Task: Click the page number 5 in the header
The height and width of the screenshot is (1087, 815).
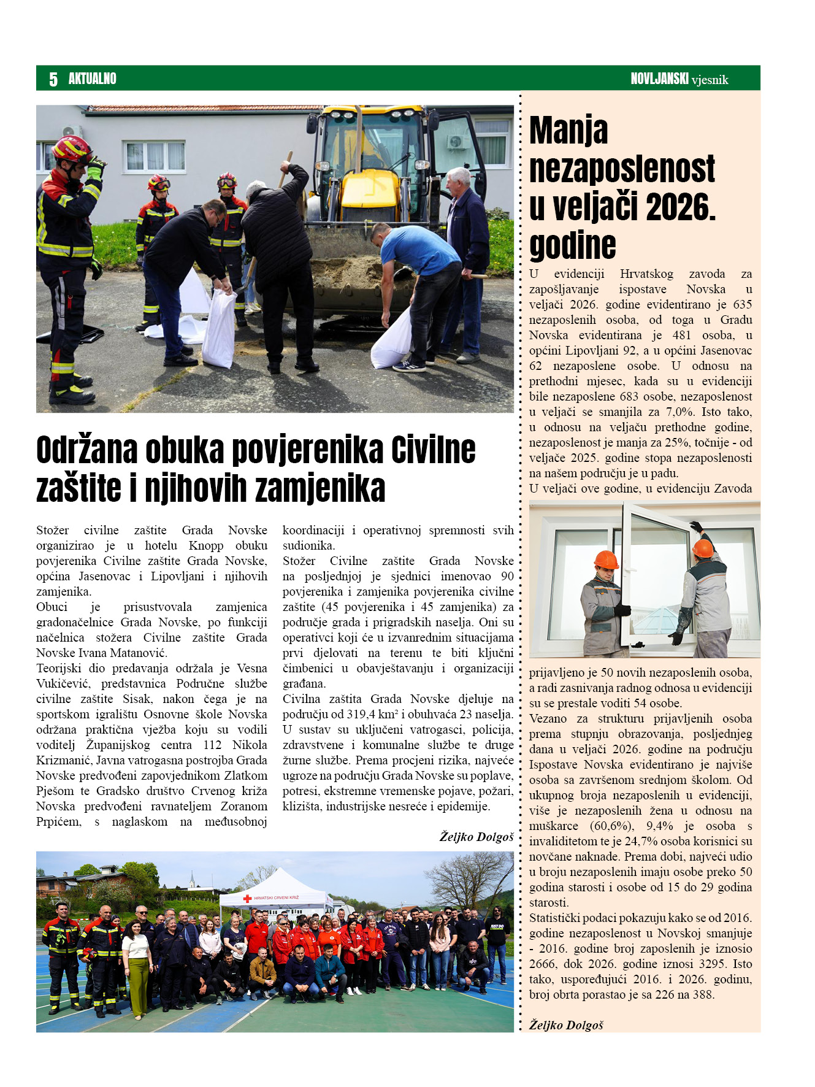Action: [x=53, y=79]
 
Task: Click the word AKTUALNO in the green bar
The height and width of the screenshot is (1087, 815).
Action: [x=92, y=79]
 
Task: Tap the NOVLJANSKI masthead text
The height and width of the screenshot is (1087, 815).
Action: [x=659, y=79]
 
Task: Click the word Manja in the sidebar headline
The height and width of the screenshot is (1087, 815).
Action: [x=568, y=131]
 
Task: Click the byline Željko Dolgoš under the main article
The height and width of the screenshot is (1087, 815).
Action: [x=476, y=837]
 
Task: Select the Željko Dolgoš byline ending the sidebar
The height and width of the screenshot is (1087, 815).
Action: [x=566, y=1025]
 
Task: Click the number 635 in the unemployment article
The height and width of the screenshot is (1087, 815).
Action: [x=741, y=304]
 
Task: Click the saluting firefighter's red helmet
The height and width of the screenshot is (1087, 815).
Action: [x=71, y=148]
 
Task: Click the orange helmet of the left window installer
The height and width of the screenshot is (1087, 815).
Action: [x=606, y=559]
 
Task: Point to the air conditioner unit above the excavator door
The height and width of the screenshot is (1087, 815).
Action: [x=457, y=142]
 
